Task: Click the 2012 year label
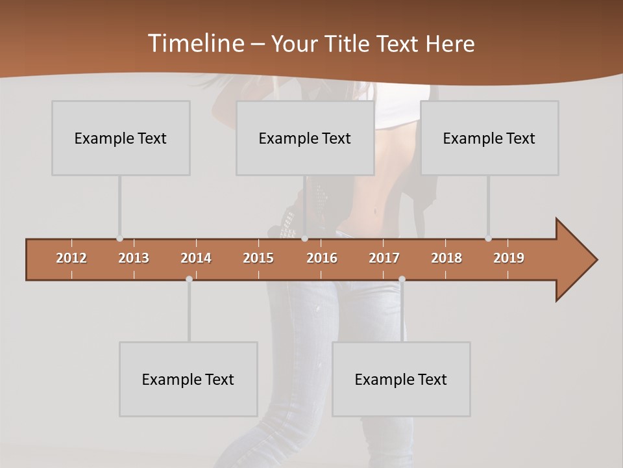pyautogui.click(x=71, y=258)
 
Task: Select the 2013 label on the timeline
pyautogui.click(x=134, y=258)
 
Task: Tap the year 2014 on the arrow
pyautogui.click(x=196, y=258)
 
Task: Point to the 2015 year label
pyautogui.click(x=258, y=258)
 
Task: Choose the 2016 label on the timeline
pyautogui.click(x=322, y=258)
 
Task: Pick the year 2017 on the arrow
pyautogui.click(x=384, y=258)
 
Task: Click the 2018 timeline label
pyautogui.click(x=446, y=258)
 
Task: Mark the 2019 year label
pyautogui.click(x=509, y=258)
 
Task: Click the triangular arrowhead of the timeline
pyautogui.click(x=575, y=260)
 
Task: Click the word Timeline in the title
pyautogui.click(x=195, y=44)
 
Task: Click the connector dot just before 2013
pyautogui.click(x=119, y=239)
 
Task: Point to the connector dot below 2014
pyautogui.click(x=189, y=279)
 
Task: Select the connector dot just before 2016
pyautogui.click(x=304, y=239)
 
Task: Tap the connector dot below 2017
pyautogui.click(x=402, y=279)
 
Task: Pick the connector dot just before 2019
pyautogui.click(x=488, y=239)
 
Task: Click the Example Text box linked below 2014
pyautogui.click(x=188, y=379)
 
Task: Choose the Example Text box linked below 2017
pyautogui.click(x=401, y=379)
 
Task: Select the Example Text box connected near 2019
pyautogui.click(x=489, y=138)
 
